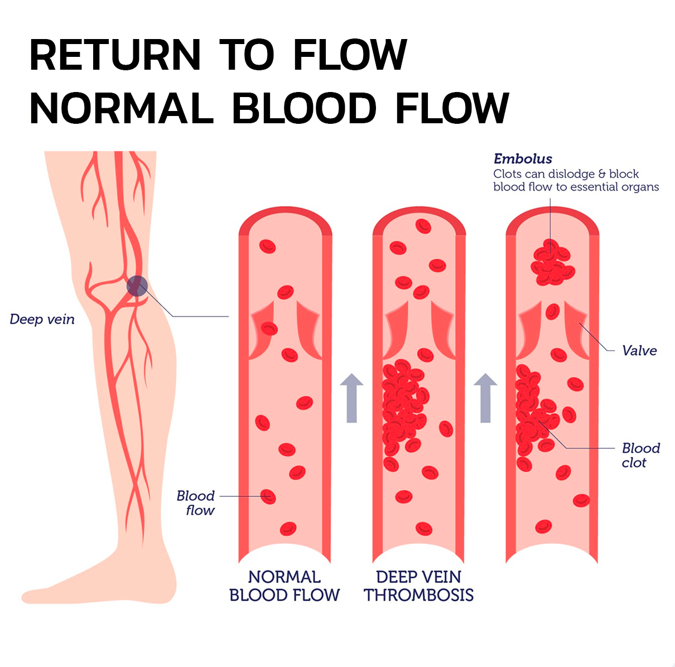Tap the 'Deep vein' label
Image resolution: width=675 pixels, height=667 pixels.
(42, 320)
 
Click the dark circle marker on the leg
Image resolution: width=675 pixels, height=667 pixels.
(136, 286)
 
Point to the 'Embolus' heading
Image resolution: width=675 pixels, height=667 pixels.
(523, 159)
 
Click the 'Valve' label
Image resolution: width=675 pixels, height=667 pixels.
(639, 351)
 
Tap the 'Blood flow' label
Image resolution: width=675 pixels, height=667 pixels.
(196, 502)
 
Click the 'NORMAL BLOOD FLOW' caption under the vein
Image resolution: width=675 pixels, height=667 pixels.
(285, 586)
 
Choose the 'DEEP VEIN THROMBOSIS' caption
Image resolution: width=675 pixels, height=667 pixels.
(418, 586)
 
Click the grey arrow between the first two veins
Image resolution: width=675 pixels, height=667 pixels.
(351, 397)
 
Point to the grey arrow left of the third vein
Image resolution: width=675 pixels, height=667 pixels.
(485, 397)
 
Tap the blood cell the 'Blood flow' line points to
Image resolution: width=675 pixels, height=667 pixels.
(268, 496)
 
